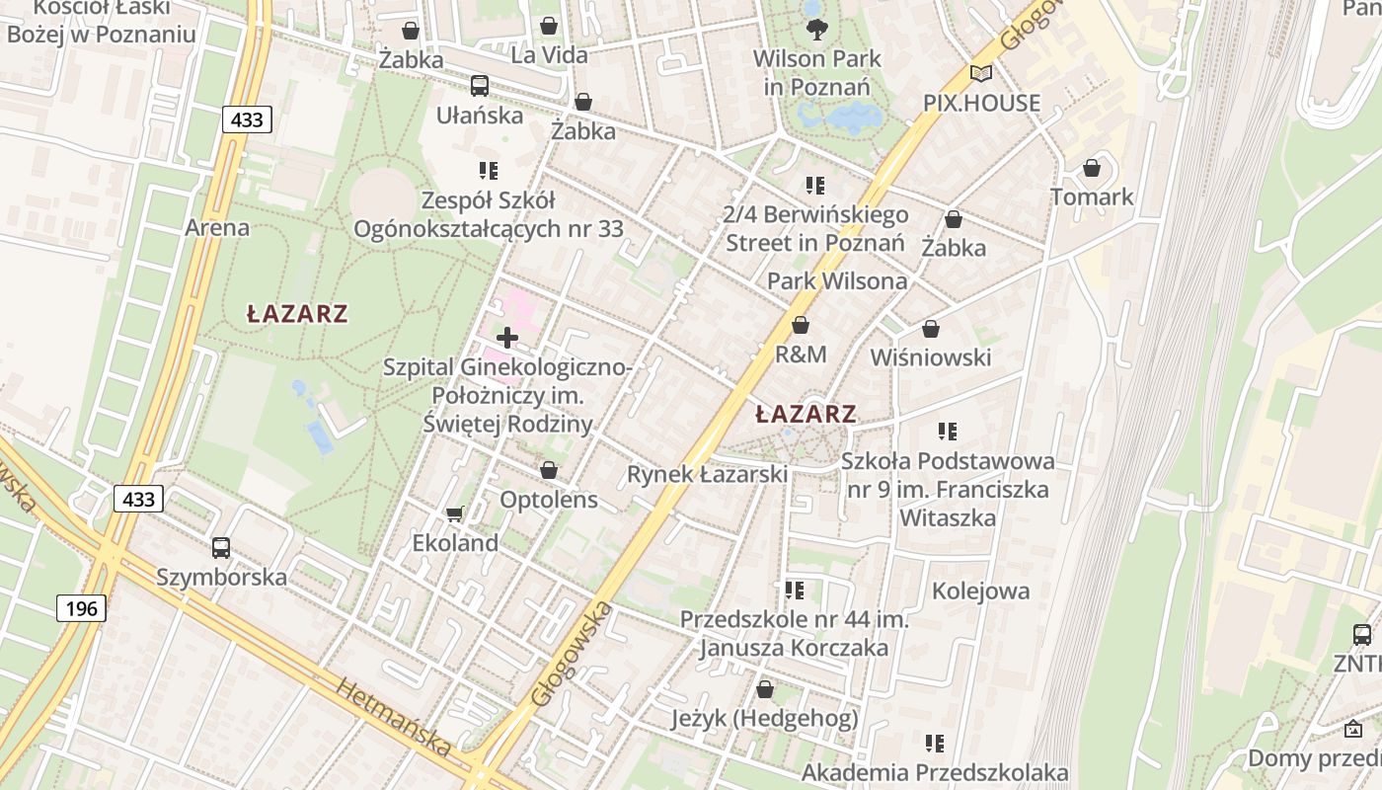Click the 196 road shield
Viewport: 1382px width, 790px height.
[x=81, y=607]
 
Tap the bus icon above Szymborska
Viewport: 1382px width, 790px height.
[x=221, y=547]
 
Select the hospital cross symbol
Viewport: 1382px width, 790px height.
[x=506, y=338]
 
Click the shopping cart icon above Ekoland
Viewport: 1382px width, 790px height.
[x=454, y=513]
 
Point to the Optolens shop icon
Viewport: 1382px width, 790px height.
[x=549, y=470]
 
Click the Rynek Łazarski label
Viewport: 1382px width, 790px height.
[x=707, y=474]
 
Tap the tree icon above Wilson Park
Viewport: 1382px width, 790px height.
[x=816, y=29]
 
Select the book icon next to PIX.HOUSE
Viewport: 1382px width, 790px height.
[x=980, y=73]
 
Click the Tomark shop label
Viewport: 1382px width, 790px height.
[x=1092, y=197]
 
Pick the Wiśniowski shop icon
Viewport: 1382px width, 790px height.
[x=930, y=329]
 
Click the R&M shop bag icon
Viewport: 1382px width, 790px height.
[x=801, y=325]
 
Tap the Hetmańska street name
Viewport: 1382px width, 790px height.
[x=393, y=716]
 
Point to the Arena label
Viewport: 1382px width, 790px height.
[x=217, y=227]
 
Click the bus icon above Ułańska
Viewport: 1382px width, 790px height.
[x=480, y=86]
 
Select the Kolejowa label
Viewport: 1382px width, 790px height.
[x=980, y=591]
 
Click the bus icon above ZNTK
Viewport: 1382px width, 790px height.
[x=1361, y=634]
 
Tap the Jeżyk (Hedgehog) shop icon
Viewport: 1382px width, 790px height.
[x=765, y=689]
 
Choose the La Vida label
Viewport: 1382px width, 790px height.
[x=549, y=54]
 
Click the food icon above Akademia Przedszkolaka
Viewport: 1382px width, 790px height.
[x=934, y=743]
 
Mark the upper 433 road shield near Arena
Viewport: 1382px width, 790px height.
[x=247, y=119]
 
